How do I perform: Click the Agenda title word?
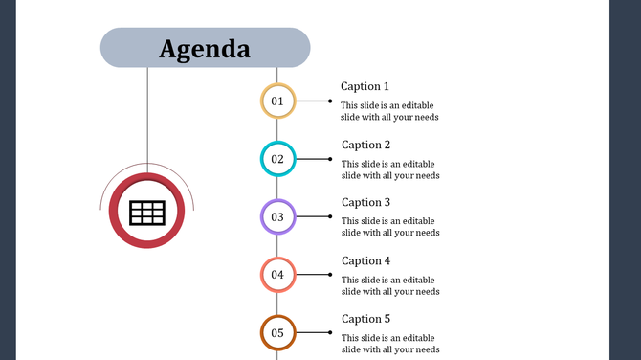pyautogui.click(x=205, y=48)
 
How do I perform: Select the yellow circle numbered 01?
pyautogui.click(x=277, y=101)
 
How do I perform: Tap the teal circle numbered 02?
pyautogui.click(x=277, y=159)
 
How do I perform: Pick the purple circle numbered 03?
pyautogui.click(x=277, y=216)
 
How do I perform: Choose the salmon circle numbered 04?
pyautogui.click(x=277, y=275)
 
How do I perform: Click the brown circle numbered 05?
pyautogui.click(x=277, y=333)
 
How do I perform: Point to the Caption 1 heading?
pyautogui.click(x=365, y=86)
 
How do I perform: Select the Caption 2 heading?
pyautogui.click(x=366, y=145)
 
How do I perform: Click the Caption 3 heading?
pyautogui.click(x=366, y=202)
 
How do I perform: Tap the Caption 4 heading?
pyautogui.click(x=366, y=260)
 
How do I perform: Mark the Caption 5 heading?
pyautogui.click(x=366, y=319)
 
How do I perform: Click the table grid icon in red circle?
pyautogui.click(x=146, y=213)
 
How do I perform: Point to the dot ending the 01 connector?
pyautogui.click(x=330, y=101)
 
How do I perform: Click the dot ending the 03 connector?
pyautogui.click(x=330, y=216)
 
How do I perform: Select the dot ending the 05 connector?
pyautogui.click(x=330, y=333)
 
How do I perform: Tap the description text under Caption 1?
pyautogui.click(x=390, y=111)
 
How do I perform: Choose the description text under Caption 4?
pyautogui.click(x=390, y=285)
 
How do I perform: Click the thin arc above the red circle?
pyautogui.click(x=147, y=166)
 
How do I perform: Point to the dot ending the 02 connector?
pyautogui.click(x=330, y=159)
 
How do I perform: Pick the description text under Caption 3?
pyautogui.click(x=390, y=227)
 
